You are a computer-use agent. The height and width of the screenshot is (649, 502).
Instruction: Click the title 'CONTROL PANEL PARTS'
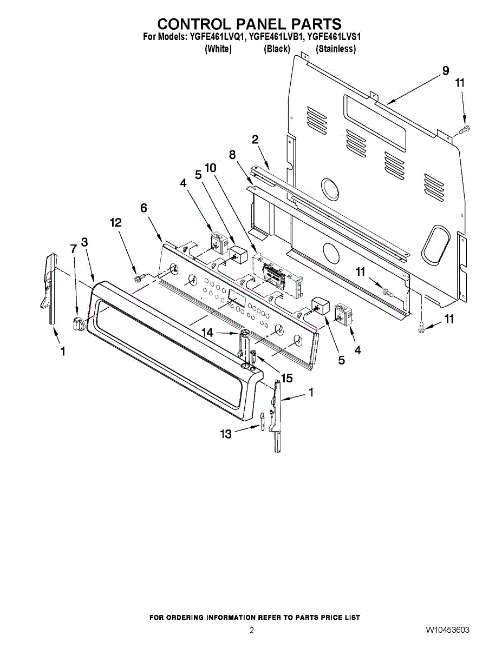click(249, 24)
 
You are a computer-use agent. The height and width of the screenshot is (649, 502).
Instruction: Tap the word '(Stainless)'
click(336, 49)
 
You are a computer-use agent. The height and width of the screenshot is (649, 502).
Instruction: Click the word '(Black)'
click(277, 49)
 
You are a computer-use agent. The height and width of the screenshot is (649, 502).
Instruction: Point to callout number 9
click(445, 71)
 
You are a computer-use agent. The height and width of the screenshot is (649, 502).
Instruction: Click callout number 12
click(115, 222)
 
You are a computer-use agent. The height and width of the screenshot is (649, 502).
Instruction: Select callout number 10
click(210, 168)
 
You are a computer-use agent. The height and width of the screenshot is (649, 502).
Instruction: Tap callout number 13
click(226, 433)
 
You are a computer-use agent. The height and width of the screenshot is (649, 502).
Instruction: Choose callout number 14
click(208, 333)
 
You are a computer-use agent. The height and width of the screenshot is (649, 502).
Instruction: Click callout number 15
click(286, 379)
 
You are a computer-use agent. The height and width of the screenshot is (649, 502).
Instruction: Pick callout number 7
click(74, 248)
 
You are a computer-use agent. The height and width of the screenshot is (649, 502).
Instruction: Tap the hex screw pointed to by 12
click(139, 277)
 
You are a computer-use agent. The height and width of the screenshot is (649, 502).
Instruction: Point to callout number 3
click(84, 242)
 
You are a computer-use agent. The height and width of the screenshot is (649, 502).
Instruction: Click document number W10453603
click(447, 630)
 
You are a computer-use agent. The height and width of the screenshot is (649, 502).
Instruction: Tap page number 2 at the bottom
click(251, 630)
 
